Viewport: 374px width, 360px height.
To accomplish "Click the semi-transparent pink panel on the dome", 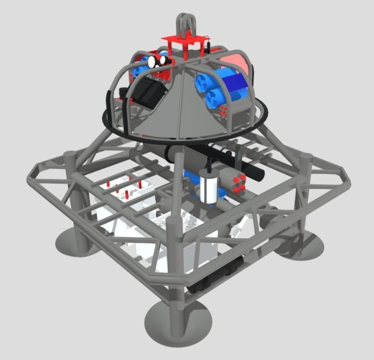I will click(x=237, y=62).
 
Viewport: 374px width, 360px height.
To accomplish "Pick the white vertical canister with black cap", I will click(x=209, y=187).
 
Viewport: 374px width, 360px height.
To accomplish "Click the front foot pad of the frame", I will click(x=178, y=321).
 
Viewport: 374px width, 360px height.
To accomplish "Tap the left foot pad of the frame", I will click(x=76, y=242).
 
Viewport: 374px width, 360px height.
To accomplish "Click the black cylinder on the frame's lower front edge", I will click(x=216, y=275).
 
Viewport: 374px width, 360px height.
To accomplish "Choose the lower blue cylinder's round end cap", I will click(x=215, y=98).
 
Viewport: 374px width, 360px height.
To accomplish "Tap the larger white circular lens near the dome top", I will click(x=153, y=61).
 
